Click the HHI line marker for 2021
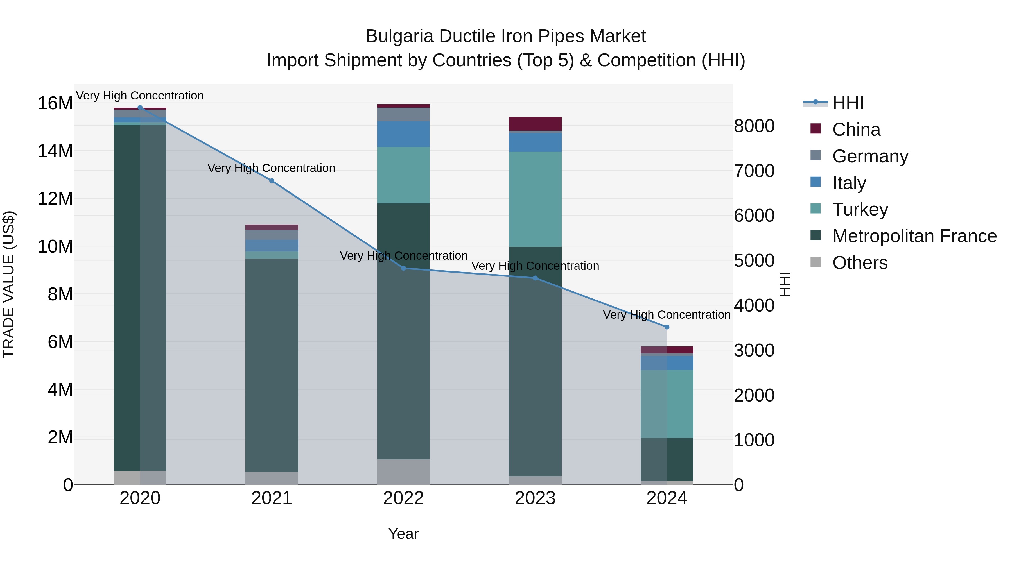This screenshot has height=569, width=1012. (x=272, y=181)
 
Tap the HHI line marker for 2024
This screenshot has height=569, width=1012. (x=667, y=327)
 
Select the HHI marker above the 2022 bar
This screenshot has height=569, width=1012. (x=403, y=268)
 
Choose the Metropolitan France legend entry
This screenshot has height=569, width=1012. (x=914, y=236)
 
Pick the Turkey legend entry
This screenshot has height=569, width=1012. (x=860, y=209)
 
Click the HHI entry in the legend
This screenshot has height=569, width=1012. (x=848, y=103)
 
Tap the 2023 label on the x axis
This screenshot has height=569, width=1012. (x=535, y=498)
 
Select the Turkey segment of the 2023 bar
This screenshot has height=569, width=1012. (x=535, y=199)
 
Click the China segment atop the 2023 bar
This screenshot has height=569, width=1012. (x=535, y=124)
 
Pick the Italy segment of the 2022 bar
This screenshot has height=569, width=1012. (x=403, y=134)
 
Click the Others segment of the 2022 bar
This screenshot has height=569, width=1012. (x=403, y=471)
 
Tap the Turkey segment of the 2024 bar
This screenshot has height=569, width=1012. (x=667, y=404)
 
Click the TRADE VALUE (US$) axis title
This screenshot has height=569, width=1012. (x=9, y=284)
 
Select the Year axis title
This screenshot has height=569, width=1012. (x=403, y=534)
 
